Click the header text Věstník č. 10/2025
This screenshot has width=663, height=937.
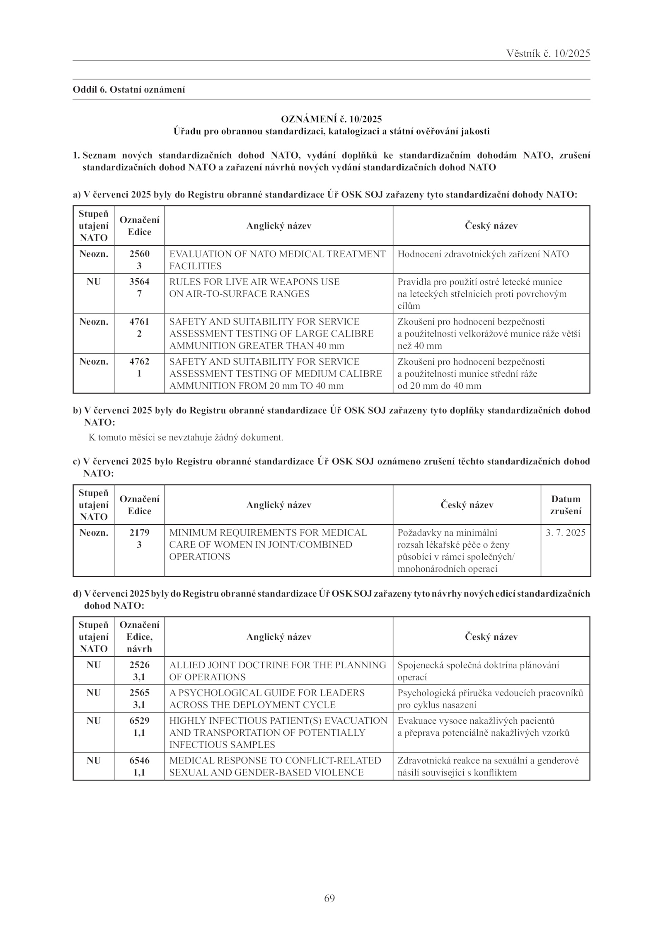pyautogui.click(x=548, y=53)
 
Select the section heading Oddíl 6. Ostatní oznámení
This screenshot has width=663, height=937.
pyautogui.click(x=129, y=89)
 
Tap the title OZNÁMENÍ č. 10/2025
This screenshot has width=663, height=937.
pyautogui.click(x=331, y=119)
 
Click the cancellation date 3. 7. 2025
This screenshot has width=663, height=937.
pyautogui.click(x=566, y=532)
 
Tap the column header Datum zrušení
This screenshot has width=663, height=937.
pyautogui.click(x=566, y=505)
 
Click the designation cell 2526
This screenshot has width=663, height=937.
pyautogui.click(x=139, y=665)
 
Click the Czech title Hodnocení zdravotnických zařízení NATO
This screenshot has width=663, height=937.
pyautogui.click(x=483, y=254)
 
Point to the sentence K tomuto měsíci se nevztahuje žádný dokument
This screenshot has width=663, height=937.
pyautogui.click(x=186, y=437)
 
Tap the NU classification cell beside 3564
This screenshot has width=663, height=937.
pyautogui.click(x=94, y=282)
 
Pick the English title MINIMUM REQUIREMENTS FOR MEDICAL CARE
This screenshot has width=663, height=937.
pyautogui.click(x=268, y=533)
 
